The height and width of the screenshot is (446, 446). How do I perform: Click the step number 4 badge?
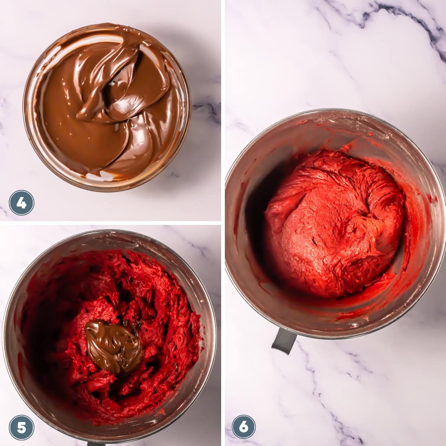coord(22,203)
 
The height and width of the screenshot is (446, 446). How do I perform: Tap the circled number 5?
coord(22,427)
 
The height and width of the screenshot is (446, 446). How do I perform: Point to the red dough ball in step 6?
coord(334,223)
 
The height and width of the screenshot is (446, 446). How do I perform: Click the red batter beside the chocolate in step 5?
coord(164,334)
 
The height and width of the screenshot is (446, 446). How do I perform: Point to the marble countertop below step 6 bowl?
coord(353,390)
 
